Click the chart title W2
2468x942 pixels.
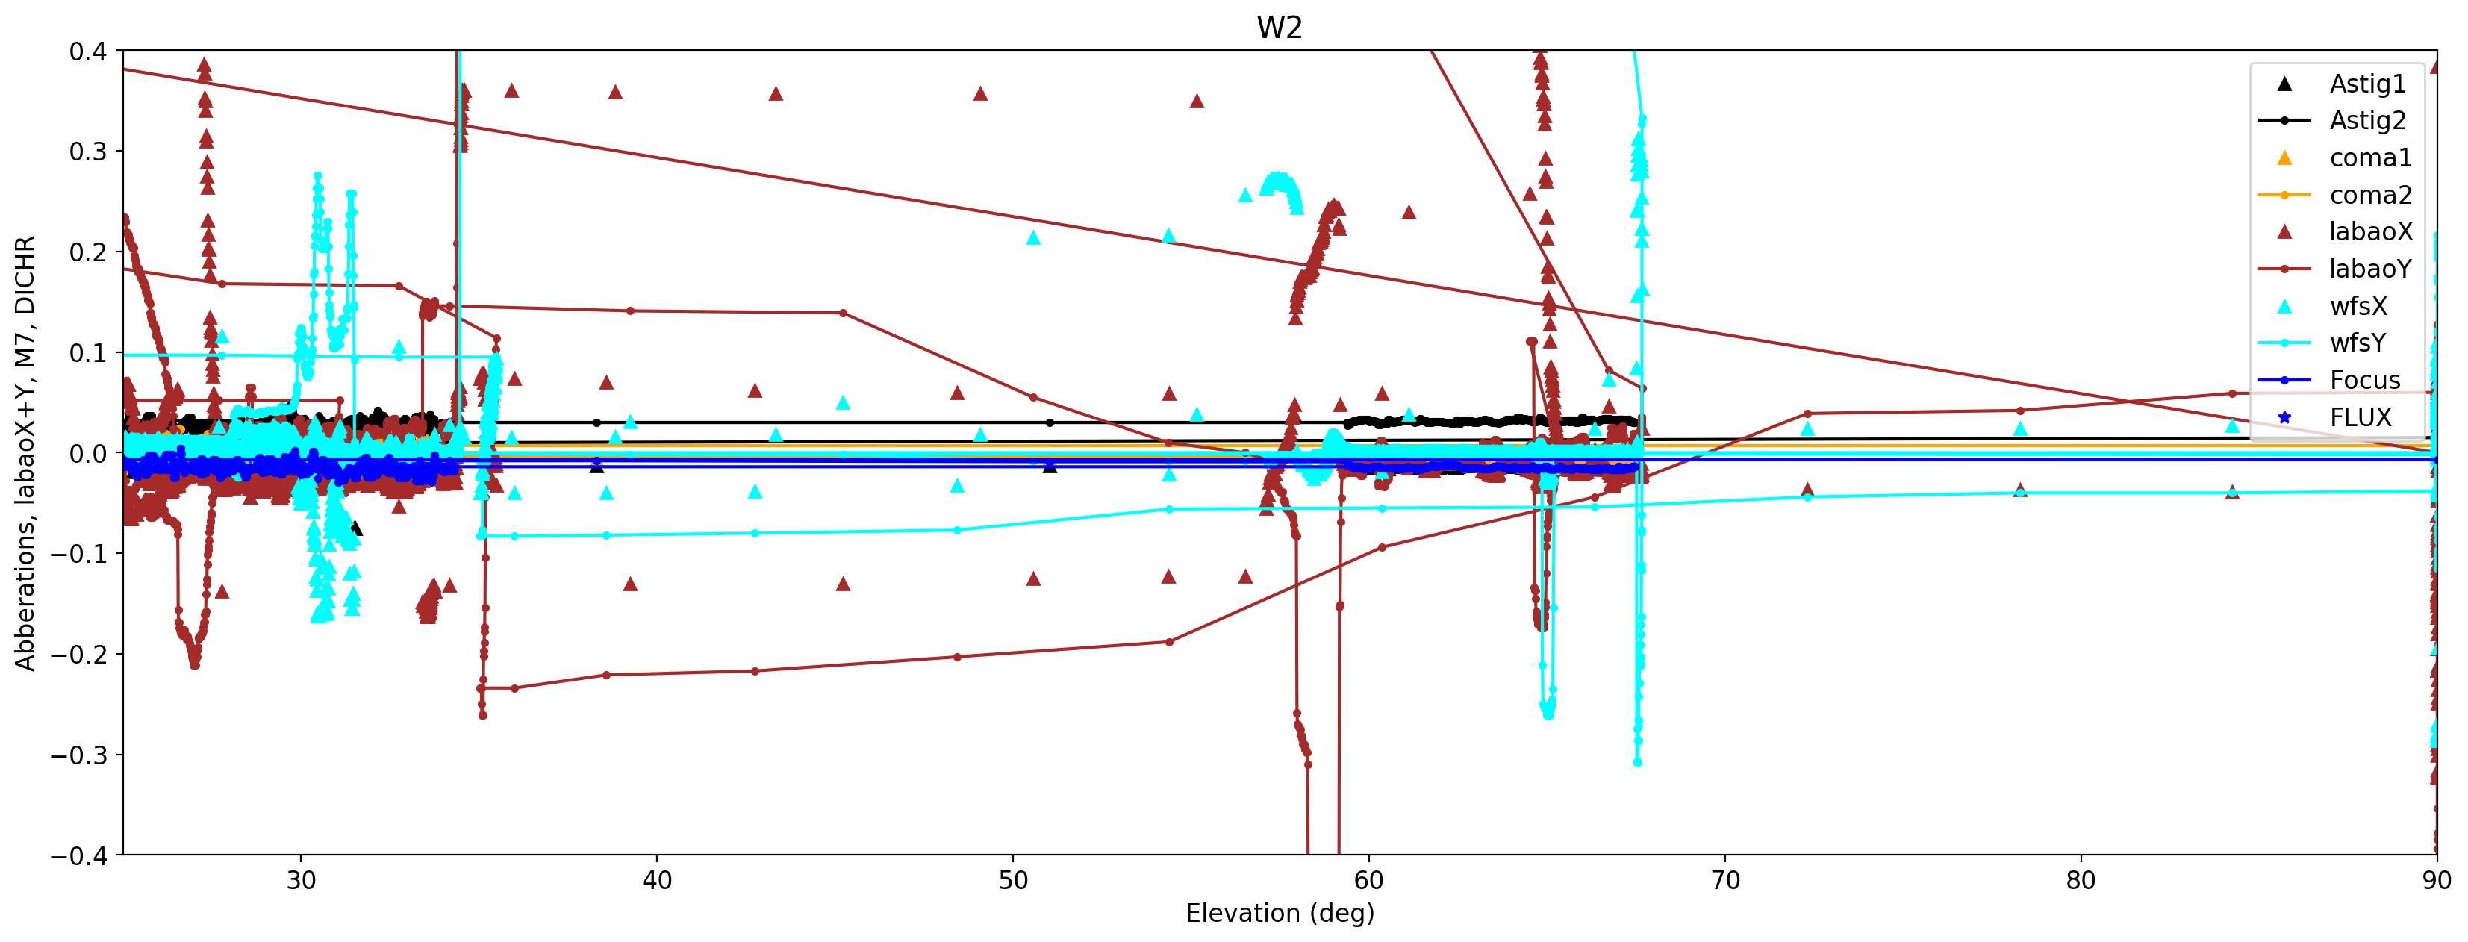click(1279, 28)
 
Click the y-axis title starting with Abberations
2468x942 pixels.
click(25, 452)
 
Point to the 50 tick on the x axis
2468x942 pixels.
click(1013, 880)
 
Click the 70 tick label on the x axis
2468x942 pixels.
click(1724, 880)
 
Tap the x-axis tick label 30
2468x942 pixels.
click(301, 880)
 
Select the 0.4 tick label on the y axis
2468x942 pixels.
click(87, 52)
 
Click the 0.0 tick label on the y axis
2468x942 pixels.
click(87, 453)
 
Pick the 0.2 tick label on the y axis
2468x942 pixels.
click(87, 253)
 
